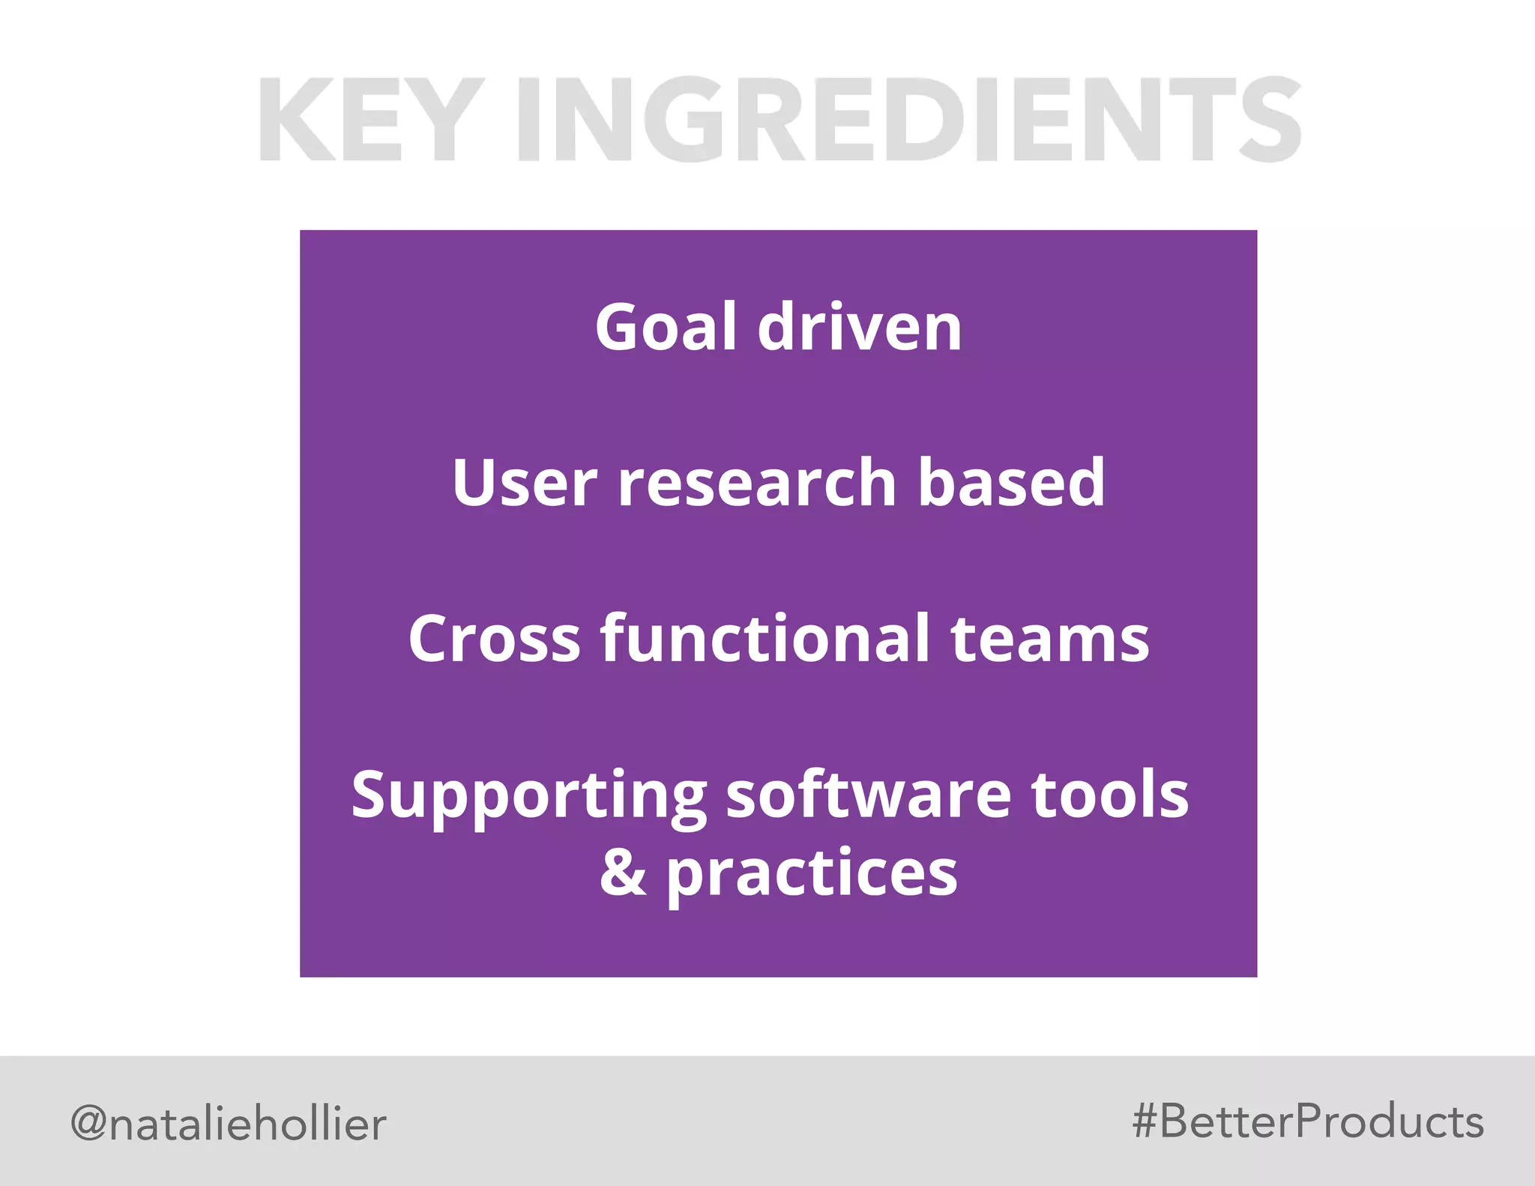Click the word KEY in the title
[367, 120]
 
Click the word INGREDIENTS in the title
[908, 120]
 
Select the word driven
[860, 327]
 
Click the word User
[525, 483]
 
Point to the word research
[757, 483]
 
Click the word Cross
[494, 639]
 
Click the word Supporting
[528, 796]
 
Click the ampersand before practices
[623, 873]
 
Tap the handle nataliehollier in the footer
[247, 1124]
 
